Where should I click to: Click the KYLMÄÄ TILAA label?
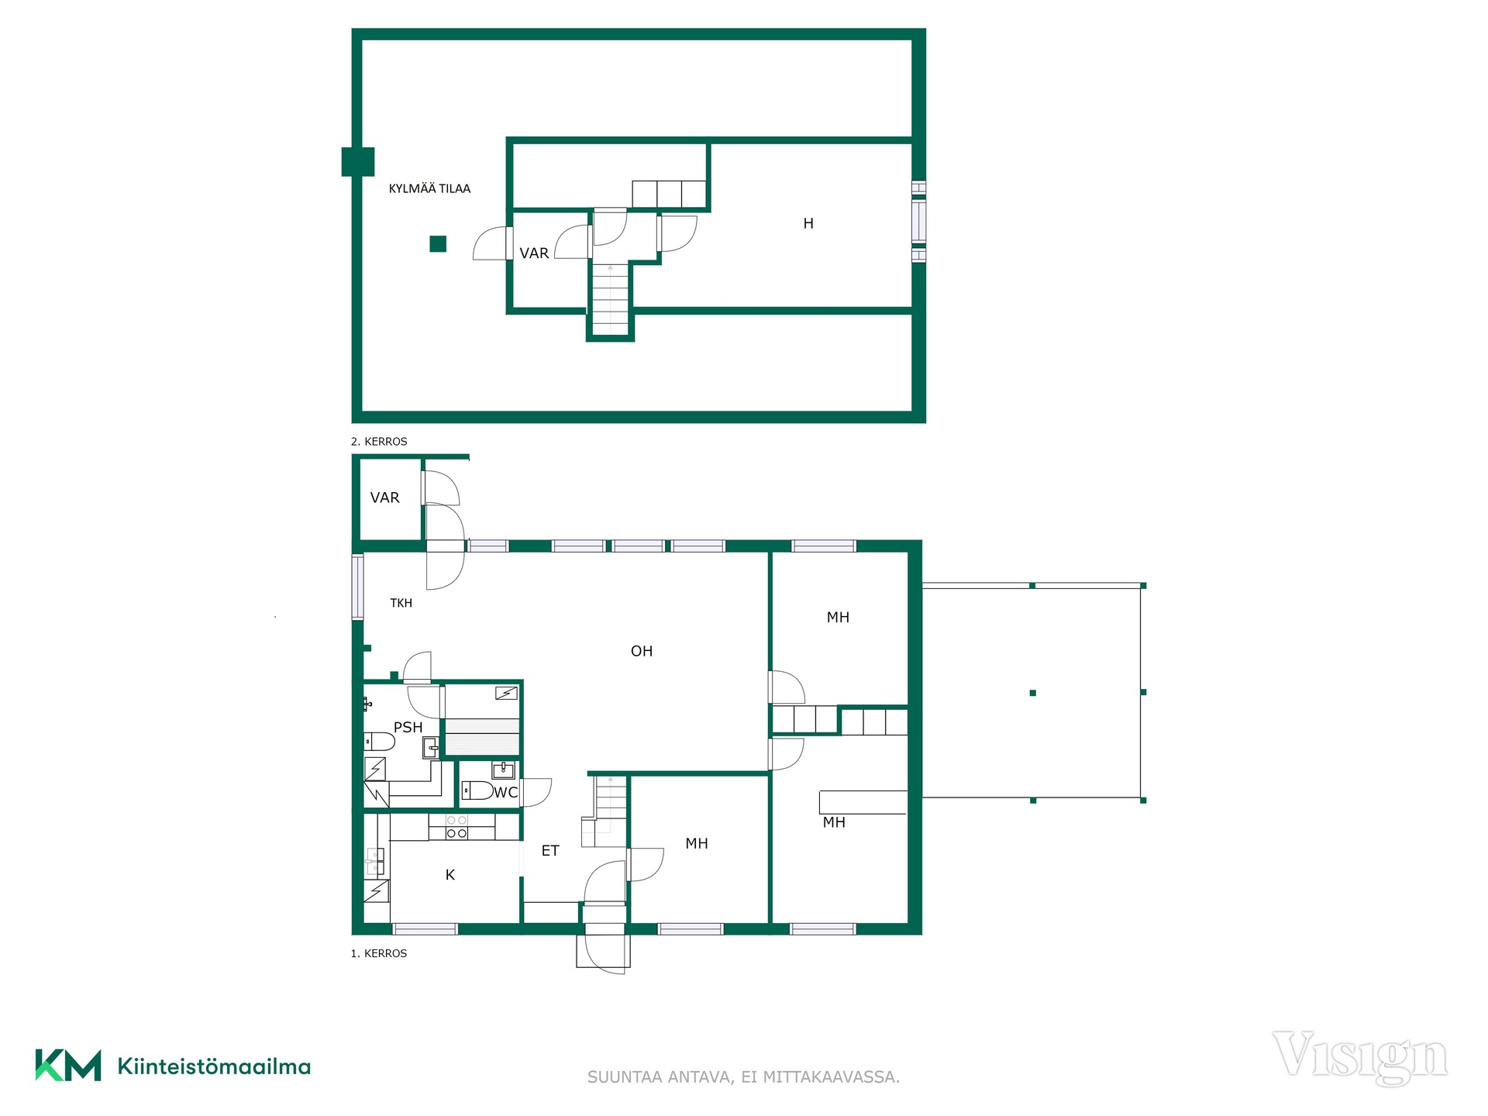(429, 188)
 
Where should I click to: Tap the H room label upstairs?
(808, 223)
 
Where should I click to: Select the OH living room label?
(642, 651)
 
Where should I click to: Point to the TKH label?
(401, 603)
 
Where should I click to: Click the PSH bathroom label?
(408, 727)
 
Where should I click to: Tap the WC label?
(505, 792)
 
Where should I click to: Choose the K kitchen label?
(450, 874)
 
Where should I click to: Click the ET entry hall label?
(550, 850)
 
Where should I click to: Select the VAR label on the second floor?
(534, 253)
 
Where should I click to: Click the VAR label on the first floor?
(385, 498)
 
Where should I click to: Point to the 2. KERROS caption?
(379, 441)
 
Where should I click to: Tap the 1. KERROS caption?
(379, 953)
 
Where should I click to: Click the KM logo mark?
(68, 1065)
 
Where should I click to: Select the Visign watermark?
(1359, 1057)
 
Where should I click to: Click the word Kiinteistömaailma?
(214, 1066)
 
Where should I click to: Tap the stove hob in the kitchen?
(457, 827)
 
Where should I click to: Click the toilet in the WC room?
(478, 790)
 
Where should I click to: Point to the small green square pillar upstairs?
(438, 244)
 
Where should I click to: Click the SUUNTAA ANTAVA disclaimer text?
(743, 1076)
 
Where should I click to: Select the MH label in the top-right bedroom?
(838, 617)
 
